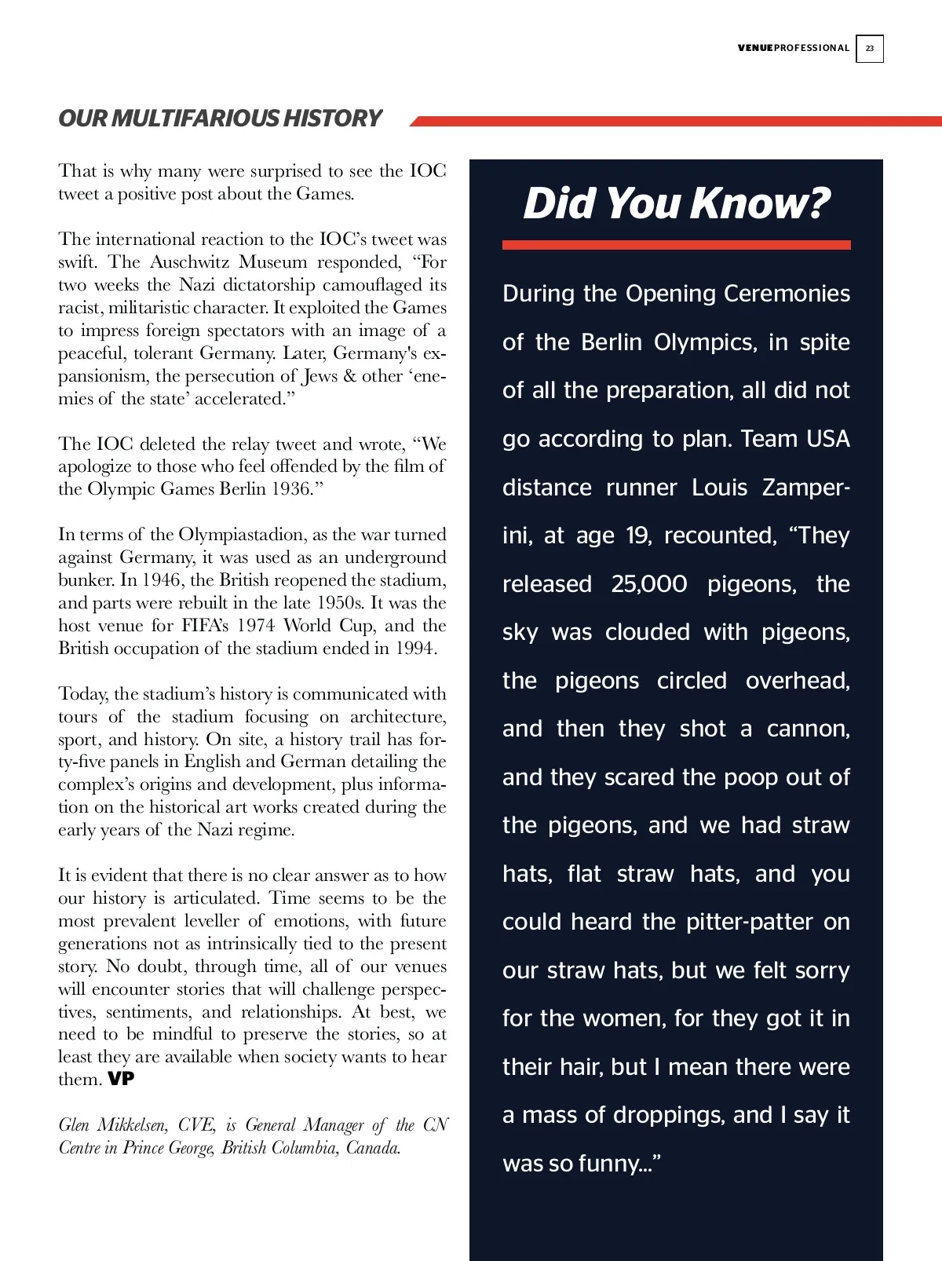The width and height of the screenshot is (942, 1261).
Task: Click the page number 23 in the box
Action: (x=870, y=48)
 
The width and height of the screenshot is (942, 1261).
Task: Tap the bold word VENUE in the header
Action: (x=755, y=48)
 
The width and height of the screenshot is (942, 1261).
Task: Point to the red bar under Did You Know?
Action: (x=676, y=245)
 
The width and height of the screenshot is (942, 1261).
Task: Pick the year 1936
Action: (x=291, y=488)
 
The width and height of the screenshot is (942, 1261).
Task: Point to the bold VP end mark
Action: (x=121, y=1079)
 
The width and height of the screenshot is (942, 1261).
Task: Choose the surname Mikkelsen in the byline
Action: (x=131, y=1124)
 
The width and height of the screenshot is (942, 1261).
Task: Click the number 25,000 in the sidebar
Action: (x=649, y=584)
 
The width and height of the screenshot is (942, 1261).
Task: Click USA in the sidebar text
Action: (x=827, y=439)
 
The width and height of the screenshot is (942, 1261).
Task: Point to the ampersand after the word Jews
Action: (x=349, y=375)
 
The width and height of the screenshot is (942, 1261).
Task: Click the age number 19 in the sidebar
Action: (x=636, y=535)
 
